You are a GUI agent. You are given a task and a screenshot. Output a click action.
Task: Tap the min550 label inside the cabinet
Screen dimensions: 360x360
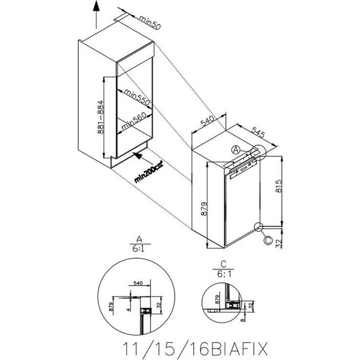[x=135, y=97]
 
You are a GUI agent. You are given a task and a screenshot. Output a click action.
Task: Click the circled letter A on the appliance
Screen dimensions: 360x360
[x=236, y=149]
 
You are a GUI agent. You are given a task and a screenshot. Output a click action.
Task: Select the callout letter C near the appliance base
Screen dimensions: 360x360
[x=267, y=240]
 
